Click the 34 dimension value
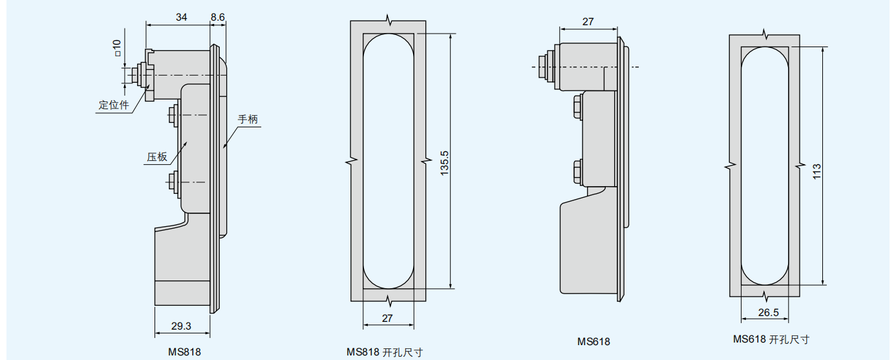pos(181,17)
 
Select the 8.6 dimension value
pos(218,17)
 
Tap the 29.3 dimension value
pos(181,326)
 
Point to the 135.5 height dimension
pos(444,163)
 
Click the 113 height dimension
pos(816,172)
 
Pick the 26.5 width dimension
pos(769,312)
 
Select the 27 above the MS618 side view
pos(588,21)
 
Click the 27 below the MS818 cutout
pos(387,318)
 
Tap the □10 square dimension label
pos(116,48)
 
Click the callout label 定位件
pos(114,105)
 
